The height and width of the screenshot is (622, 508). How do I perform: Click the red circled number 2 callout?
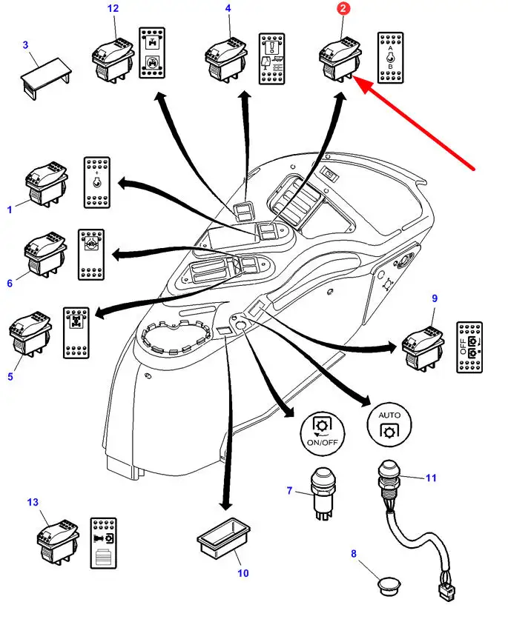[x=343, y=9]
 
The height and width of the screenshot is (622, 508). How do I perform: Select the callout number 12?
[x=113, y=9]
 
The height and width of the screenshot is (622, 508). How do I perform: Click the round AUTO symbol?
[x=389, y=424]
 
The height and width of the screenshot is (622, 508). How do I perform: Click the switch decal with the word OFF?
[x=470, y=347]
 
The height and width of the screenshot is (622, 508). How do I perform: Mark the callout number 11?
[x=431, y=478]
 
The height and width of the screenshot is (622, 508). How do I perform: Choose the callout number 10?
[x=243, y=572]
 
